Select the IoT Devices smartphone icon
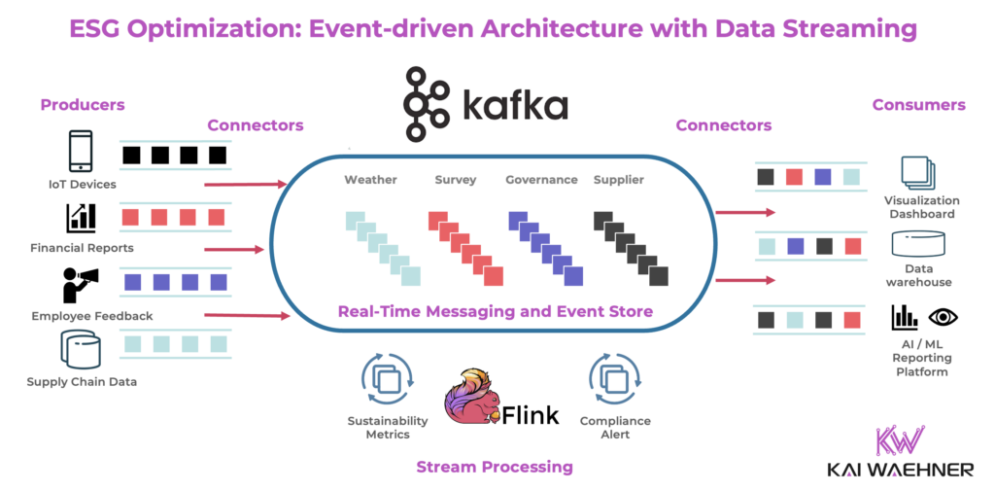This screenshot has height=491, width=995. tap(81, 153)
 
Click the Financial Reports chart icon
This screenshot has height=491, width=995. tap(81, 217)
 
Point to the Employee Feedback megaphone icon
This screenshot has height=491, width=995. tap(80, 285)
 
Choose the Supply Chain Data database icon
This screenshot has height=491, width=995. tap(81, 349)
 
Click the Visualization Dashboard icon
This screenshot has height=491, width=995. tap(918, 173)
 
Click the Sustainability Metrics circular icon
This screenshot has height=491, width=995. tap(387, 379)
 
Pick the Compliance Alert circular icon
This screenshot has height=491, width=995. tap(614, 379)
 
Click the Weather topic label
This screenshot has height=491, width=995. tap(370, 180)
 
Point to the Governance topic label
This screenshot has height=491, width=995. tap(541, 180)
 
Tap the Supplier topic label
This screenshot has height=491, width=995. tap(619, 180)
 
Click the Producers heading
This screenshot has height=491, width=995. tap(83, 105)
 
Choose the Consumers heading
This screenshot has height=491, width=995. tap(918, 105)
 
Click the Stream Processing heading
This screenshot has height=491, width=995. tap(495, 467)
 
